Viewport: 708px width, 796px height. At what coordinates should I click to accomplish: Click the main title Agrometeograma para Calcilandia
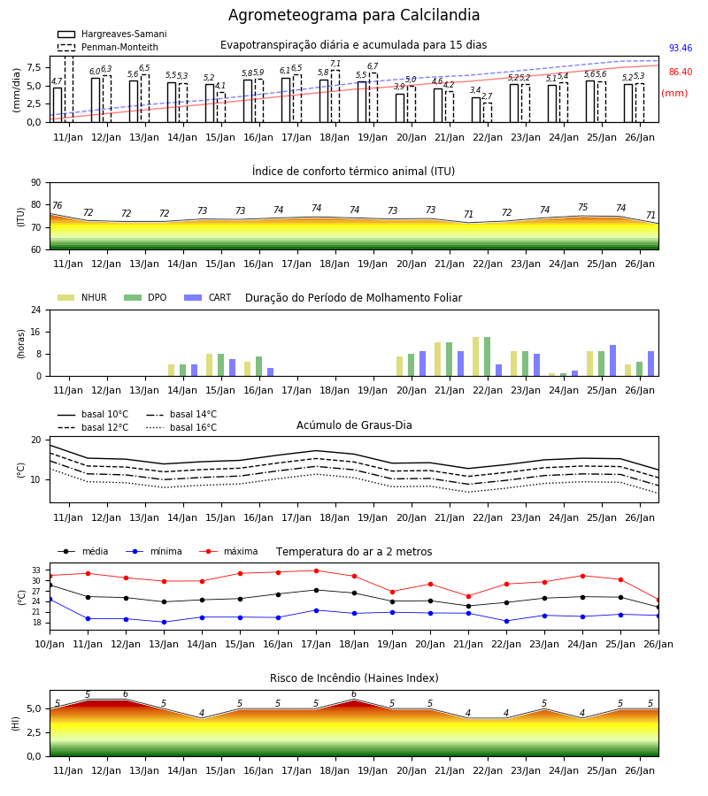click(x=353, y=15)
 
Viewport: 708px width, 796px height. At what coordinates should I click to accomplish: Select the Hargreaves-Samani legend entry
click(x=112, y=34)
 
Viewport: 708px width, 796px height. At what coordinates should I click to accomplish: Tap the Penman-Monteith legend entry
click(x=108, y=47)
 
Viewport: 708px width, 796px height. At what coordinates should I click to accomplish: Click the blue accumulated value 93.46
click(x=681, y=49)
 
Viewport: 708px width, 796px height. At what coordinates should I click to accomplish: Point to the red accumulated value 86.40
click(x=681, y=73)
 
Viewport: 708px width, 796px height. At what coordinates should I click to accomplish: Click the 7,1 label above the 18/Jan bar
click(x=335, y=64)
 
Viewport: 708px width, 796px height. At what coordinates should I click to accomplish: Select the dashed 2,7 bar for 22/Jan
click(x=488, y=112)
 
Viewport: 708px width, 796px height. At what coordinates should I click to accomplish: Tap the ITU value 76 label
click(x=57, y=205)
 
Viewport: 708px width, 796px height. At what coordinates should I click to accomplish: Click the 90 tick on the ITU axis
click(x=36, y=183)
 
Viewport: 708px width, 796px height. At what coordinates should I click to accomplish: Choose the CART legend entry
click(x=208, y=297)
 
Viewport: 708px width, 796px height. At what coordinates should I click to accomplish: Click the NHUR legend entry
click(x=82, y=297)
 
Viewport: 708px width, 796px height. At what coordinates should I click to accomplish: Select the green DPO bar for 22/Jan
click(x=487, y=357)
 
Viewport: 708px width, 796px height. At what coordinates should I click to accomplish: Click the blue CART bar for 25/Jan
click(x=613, y=361)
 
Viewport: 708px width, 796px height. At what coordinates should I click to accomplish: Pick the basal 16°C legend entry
click(x=181, y=427)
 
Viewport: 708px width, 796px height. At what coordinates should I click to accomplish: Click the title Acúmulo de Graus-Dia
click(x=354, y=425)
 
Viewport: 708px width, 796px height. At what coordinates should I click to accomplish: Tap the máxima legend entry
click(x=228, y=551)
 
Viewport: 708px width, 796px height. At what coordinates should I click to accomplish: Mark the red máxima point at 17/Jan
click(x=317, y=570)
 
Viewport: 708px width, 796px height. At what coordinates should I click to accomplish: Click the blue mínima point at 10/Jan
click(x=50, y=600)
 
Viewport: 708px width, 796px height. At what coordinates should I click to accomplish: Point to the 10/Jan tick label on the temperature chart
click(x=50, y=644)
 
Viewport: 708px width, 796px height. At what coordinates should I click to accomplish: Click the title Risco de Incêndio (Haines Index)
click(x=354, y=678)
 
